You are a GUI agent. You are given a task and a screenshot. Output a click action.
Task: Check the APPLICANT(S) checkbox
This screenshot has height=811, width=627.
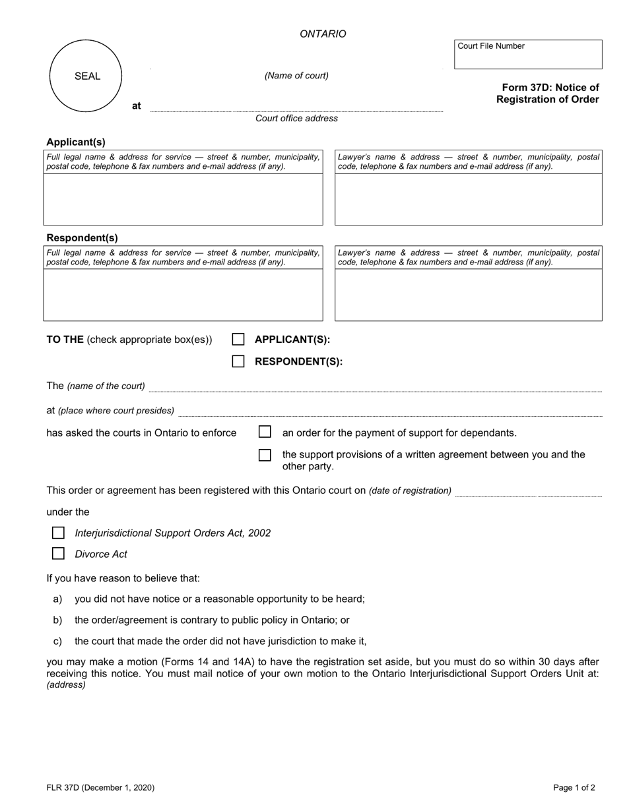238,340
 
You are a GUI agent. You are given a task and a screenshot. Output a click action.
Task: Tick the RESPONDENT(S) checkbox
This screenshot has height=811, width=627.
238,361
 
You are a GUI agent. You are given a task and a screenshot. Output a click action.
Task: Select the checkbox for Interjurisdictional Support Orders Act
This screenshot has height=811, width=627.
58,533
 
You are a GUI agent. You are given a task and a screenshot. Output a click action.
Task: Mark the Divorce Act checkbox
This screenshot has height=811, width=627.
58,554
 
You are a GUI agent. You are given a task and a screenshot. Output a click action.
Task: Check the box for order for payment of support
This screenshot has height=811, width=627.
265,433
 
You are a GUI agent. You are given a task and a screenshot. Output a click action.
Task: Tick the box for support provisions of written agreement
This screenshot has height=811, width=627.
265,455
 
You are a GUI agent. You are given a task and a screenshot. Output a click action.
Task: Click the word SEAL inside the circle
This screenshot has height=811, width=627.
87,76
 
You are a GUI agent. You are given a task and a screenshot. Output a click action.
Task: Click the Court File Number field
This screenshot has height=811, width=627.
528,58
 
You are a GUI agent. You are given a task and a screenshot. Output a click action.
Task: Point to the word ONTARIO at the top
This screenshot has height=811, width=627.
323,34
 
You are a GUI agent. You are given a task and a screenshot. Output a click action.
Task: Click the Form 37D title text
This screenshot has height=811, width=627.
549,94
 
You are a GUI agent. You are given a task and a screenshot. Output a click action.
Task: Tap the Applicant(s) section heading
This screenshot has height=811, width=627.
76,142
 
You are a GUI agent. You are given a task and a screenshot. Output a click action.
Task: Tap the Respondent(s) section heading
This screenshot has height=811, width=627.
82,237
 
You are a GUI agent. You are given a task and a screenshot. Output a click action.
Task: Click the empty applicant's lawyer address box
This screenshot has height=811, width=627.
469,199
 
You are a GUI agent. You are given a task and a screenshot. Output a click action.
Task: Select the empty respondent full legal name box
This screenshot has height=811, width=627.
183,295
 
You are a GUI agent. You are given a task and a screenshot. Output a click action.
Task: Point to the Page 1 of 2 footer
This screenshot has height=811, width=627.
574,787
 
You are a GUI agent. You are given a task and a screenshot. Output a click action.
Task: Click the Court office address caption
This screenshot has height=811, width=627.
296,119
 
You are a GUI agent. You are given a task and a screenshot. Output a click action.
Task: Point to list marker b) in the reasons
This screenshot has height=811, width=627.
57,620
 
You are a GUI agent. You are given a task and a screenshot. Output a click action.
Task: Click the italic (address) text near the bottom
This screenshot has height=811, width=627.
66,685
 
